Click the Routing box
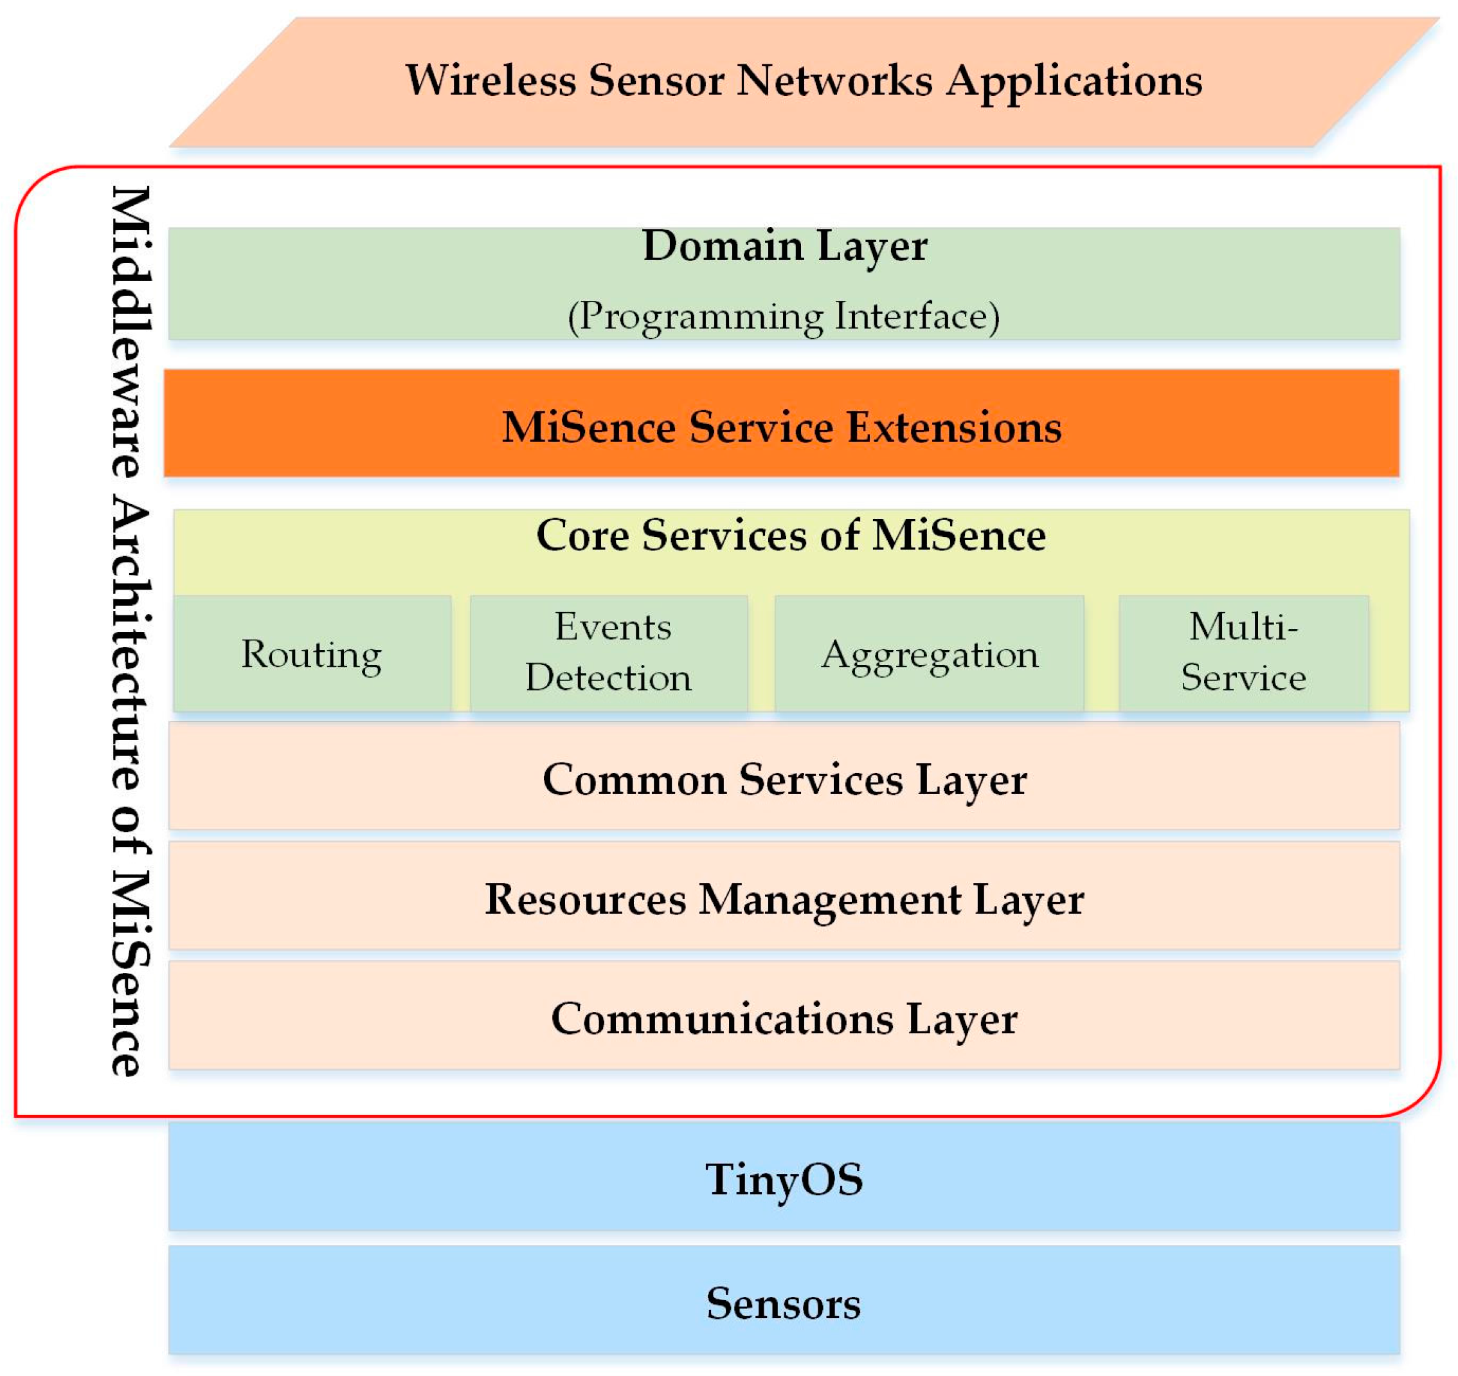[312, 653]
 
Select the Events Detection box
[609, 652]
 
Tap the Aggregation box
[929, 653]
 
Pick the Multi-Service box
[1244, 652]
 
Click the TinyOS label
[784, 1179]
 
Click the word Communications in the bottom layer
[723, 1018]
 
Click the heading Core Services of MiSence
[791, 535]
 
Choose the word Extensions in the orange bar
[954, 427]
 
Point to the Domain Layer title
[784, 246]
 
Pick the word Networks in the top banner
[834, 80]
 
